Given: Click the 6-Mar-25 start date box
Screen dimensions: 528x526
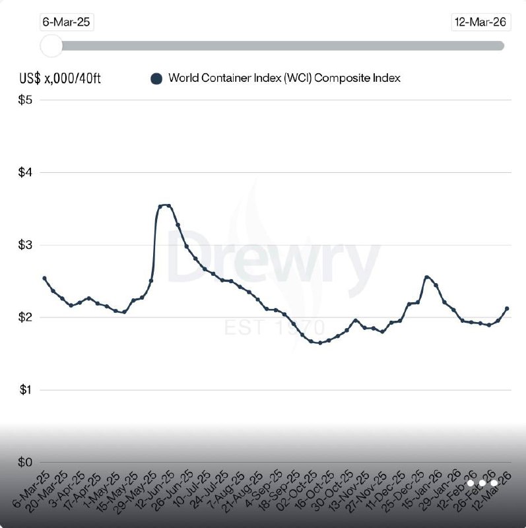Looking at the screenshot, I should [66, 22].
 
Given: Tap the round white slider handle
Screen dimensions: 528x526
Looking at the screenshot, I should [51, 46].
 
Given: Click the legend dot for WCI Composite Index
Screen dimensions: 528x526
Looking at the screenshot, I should [156, 79].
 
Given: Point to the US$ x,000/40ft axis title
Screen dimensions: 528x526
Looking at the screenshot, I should [60, 79].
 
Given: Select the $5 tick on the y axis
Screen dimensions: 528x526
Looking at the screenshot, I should [26, 100].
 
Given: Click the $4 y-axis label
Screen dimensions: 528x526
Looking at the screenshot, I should [26, 173].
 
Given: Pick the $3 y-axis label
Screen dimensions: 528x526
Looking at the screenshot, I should [26, 246].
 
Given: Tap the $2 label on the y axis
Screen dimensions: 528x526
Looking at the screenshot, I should [26, 318].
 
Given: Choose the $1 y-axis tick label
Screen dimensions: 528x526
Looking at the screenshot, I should [26, 391].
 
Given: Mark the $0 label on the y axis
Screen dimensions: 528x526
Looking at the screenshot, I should [26, 463].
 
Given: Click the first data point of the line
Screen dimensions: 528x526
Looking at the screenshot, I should [44, 279].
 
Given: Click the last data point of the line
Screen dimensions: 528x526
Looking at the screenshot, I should [506, 308].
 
